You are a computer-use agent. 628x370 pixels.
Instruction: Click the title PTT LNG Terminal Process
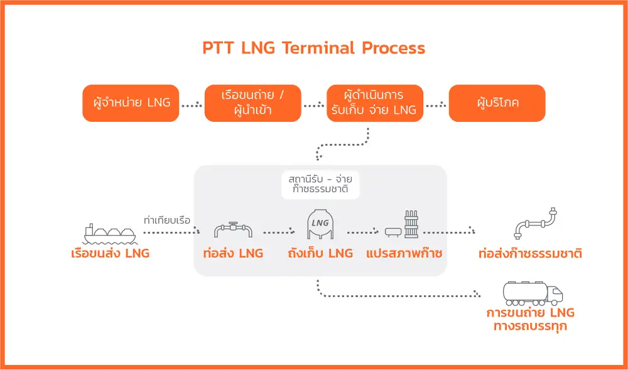[x=313, y=48]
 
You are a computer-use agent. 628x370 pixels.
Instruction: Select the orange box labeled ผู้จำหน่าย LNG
[x=131, y=103]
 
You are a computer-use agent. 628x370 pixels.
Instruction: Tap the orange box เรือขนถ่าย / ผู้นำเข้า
[x=253, y=103]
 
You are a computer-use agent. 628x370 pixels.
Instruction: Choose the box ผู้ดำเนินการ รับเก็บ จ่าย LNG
[x=375, y=103]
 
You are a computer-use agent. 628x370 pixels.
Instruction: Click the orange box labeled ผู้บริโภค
[x=497, y=103]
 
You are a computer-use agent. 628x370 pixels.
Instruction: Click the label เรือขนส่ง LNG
[x=110, y=254]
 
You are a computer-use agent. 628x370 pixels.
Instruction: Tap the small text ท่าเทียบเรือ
[x=167, y=220]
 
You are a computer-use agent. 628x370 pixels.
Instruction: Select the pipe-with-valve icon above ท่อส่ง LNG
[x=233, y=230]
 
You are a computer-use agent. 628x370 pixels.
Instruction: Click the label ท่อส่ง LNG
[x=233, y=254]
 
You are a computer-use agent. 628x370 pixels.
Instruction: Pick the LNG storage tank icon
[x=320, y=224]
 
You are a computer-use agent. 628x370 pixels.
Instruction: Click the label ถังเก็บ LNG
[x=320, y=254]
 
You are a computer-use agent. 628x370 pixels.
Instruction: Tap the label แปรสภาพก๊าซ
[x=404, y=254]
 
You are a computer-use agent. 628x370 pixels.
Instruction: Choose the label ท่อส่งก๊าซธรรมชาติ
[x=530, y=254]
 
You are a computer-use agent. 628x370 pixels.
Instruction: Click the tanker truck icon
[x=533, y=293]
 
